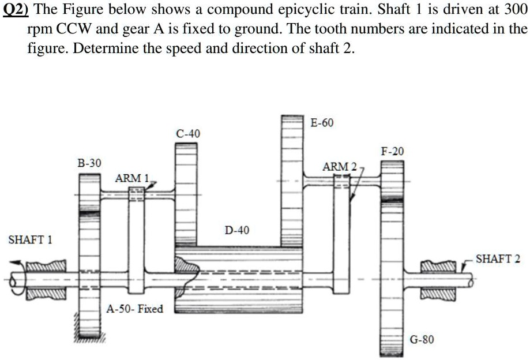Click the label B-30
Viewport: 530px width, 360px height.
click(x=89, y=163)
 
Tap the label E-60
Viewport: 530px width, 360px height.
click(x=321, y=123)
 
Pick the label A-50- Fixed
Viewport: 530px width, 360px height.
click(x=135, y=309)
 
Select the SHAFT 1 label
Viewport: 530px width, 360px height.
click(x=29, y=239)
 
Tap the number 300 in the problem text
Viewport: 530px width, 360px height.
click(x=515, y=11)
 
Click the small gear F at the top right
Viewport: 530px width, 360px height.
click(x=392, y=179)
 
